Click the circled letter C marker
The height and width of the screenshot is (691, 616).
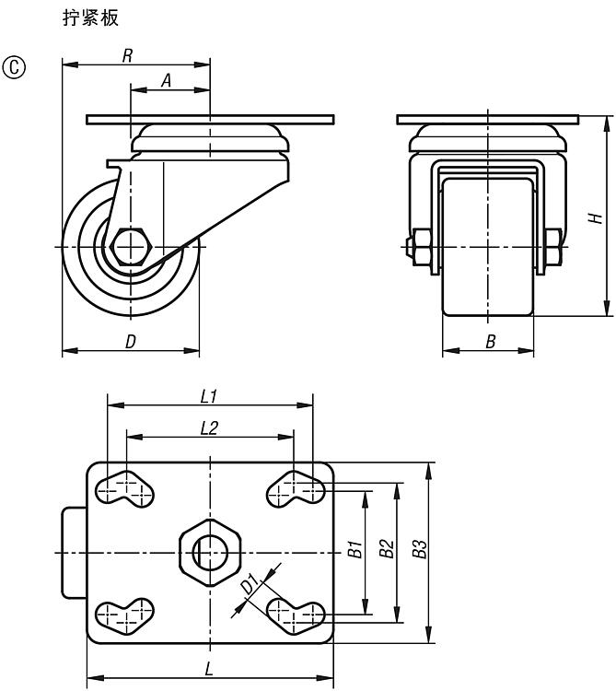coord(14,67)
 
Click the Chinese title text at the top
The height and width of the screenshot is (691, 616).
coord(91,18)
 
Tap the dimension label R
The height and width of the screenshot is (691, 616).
coord(127,56)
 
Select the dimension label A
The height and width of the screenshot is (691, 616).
coord(166,81)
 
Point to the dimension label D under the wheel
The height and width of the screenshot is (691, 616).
coord(131,342)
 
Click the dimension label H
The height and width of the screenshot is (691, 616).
coord(596,217)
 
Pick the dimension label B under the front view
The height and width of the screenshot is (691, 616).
coord(490,342)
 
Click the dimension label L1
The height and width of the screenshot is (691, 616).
coord(209,396)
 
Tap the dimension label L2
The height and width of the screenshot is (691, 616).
coord(209,427)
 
